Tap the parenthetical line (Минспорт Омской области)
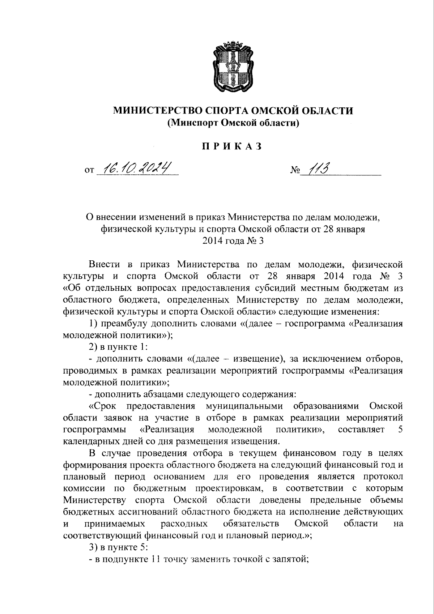(233, 123)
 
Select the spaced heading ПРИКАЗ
(231, 147)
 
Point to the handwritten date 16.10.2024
(136, 167)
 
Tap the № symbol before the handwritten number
(294, 170)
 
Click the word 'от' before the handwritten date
(89, 170)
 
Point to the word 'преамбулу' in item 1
(127, 324)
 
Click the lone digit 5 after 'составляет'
(400, 430)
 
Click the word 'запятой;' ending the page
(289, 559)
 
